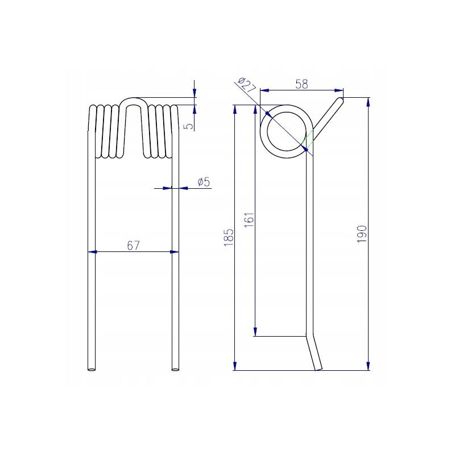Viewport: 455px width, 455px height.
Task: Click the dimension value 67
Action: pyautogui.click(x=133, y=246)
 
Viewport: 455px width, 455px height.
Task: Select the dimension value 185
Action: pyautogui.click(x=229, y=238)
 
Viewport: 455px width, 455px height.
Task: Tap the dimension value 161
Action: pyautogui.click(x=249, y=220)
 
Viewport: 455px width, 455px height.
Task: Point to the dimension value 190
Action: pyautogui.click(x=362, y=234)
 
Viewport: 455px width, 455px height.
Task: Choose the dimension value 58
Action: pyautogui.click(x=301, y=84)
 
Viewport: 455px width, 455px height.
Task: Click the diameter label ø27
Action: pyautogui.click(x=246, y=85)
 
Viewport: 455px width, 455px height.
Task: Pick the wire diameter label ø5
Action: pyautogui.click(x=204, y=182)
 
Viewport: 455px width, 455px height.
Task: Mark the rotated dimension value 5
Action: pyautogui.click(x=189, y=126)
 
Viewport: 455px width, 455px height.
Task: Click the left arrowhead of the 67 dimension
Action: pyautogui.click(x=92, y=252)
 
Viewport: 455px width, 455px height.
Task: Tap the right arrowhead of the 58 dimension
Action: pyautogui.click(x=339, y=90)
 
